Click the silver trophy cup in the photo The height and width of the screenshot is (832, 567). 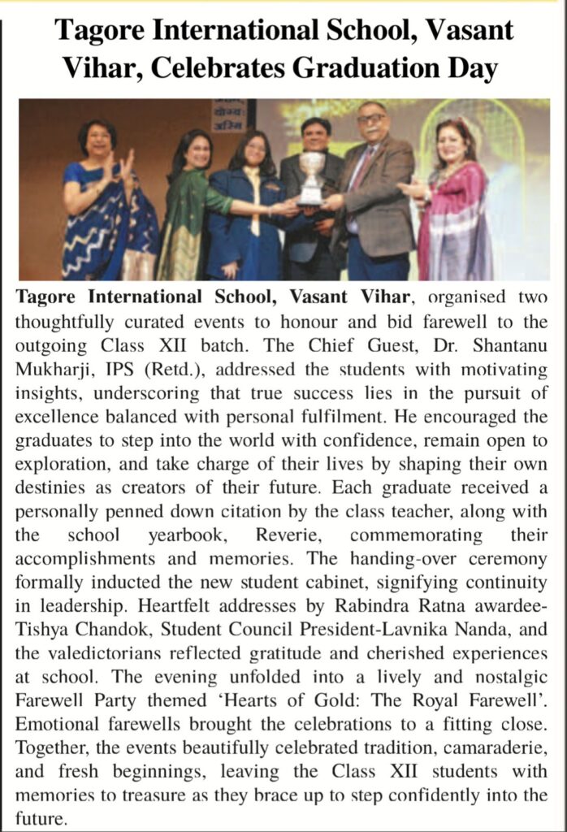coord(310,177)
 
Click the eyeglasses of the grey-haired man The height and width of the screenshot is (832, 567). coord(371,119)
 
